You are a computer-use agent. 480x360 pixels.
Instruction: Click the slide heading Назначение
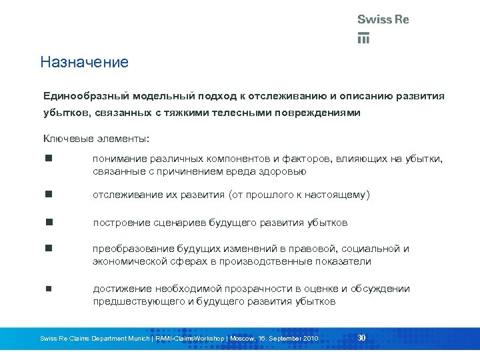pos(84,63)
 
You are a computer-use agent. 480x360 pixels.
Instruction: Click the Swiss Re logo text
pos(383,19)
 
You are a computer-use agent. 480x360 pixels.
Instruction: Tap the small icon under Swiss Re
pos(363,37)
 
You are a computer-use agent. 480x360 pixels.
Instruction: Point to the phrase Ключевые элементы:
pos(97,138)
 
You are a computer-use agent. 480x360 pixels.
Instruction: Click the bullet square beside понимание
pos(49,159)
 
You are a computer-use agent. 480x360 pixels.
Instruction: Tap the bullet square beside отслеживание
pos(49,195)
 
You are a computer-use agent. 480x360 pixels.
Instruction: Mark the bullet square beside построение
pos(49,222)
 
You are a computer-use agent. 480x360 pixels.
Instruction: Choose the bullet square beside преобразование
pos(49,249)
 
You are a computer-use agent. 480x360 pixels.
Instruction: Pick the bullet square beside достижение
pos(49,289)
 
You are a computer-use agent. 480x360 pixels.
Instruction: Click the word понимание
pos(122,159)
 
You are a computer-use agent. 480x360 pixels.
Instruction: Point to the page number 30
pos(361,337)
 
